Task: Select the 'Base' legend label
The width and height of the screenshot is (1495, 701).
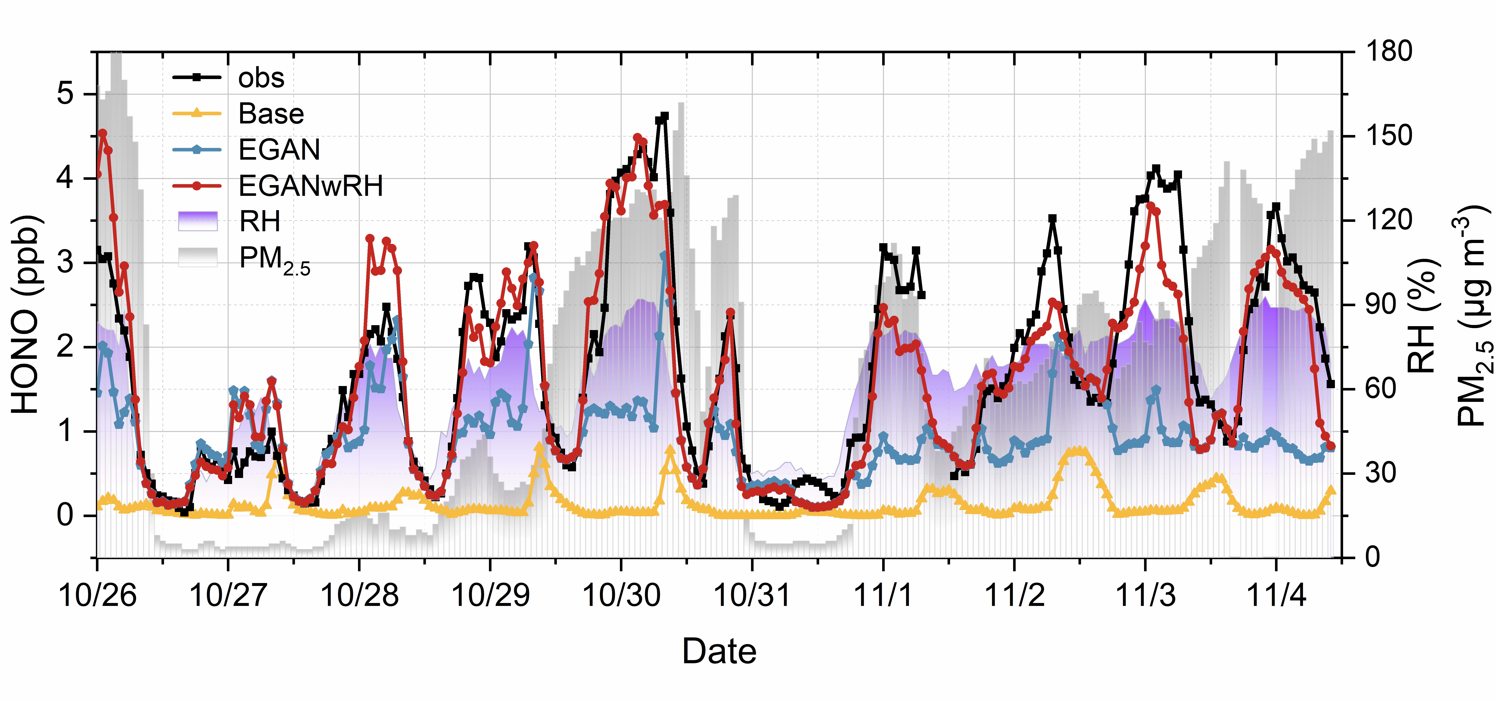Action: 271,114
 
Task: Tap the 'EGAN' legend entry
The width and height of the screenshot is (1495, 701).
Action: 279,150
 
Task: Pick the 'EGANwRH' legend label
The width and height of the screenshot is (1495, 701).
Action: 310,186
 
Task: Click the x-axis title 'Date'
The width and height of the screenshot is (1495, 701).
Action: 719,651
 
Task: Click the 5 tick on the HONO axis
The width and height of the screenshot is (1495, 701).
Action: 66,94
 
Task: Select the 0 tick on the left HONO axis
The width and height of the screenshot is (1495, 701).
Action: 66,515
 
